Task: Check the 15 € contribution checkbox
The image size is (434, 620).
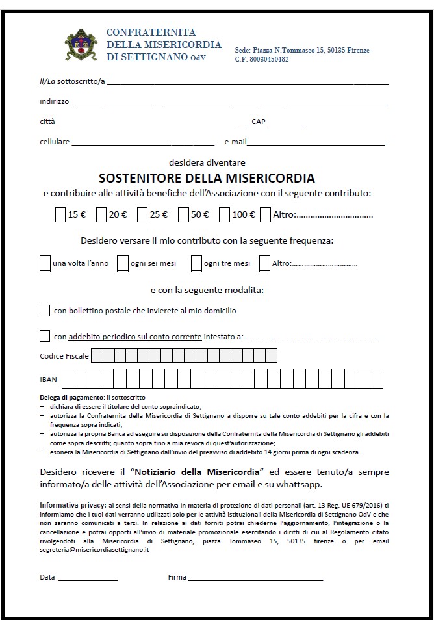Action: tap(60, 214)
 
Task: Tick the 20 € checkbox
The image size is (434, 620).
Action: tap(101, 214)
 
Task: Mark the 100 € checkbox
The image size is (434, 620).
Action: tap(224, 214)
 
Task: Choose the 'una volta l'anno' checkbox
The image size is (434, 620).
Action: tap(45, 263)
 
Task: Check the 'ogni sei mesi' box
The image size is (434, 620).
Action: tap(122, 263)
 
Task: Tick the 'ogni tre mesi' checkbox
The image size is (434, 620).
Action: tap(196, 263)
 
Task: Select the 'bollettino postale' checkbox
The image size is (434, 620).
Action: tap(45, 311)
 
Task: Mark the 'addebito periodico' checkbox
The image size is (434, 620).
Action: tap(45, 336)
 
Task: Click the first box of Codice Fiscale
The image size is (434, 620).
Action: tap(96, 355)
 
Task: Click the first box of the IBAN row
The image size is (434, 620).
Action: tap(68, 378)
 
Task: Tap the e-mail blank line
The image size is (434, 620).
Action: tap(316, 143)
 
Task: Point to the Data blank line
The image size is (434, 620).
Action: tap(88, 578)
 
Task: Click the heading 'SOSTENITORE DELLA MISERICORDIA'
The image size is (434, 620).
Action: tap(207, 178)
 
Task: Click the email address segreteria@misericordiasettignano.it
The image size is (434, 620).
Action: tap(95, 549)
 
